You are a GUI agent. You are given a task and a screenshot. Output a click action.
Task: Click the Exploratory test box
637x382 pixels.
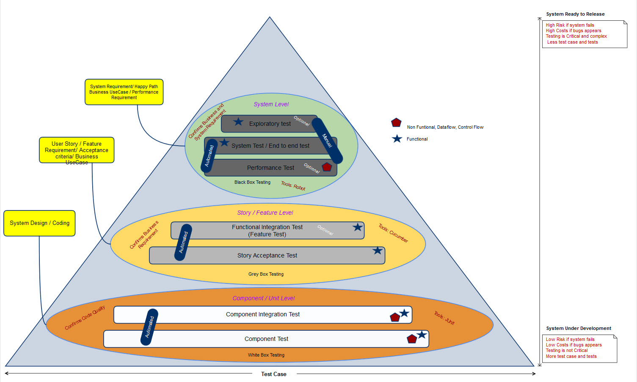pos(270,124)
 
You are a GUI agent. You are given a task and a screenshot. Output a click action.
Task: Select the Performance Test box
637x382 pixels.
pos(270,168)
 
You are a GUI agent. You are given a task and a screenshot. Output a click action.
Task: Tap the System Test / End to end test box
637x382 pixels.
pos(270,146)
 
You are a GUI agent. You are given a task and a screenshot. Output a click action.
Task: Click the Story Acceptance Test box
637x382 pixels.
pos(267,255)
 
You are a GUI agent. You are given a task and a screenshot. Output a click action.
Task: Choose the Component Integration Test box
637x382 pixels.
pos(262,314)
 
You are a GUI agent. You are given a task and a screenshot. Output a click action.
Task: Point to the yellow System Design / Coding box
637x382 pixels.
pos(39,223)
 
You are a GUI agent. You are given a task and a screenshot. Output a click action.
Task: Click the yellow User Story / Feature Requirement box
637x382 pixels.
pos(77,150)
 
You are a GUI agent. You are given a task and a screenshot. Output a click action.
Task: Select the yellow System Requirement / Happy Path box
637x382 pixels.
pos(124,92)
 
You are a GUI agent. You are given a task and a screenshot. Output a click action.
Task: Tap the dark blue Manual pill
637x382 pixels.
pos(327,141)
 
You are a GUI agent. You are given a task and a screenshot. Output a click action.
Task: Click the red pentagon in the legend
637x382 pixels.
pos(396,123)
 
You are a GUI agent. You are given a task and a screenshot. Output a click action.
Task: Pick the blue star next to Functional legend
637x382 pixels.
pos(397,139)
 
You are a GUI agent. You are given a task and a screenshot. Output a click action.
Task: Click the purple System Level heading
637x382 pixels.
pos(271,104)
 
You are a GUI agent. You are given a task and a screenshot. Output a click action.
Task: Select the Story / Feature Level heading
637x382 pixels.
pos(265,213)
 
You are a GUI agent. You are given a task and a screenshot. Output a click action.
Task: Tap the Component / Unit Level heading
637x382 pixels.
pos(264,298)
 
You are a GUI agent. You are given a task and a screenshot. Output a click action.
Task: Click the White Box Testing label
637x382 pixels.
pos(266,355)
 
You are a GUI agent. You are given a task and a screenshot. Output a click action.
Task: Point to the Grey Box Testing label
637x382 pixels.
pos(266,274)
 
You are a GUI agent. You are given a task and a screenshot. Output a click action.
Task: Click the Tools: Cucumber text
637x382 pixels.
pos(393,233)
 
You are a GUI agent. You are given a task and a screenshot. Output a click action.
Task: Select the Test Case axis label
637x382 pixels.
pos(274,374)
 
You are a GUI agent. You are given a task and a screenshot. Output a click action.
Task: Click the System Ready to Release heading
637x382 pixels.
pos(575,14)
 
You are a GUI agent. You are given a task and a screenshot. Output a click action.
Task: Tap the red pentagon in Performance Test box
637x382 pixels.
pos(327,167)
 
